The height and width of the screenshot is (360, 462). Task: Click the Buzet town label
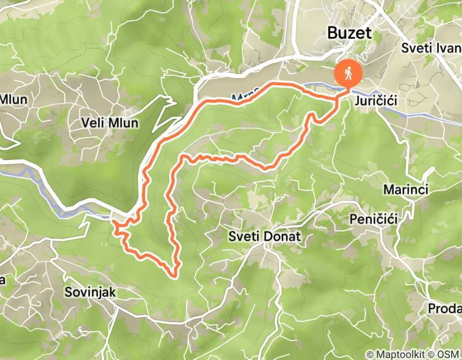click(x=350, y=34)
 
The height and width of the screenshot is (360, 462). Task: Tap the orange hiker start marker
click(x=348, y=74)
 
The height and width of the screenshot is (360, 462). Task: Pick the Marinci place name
click(x=406, y=189)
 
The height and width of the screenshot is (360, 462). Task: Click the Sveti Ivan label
click(x=431, y=49)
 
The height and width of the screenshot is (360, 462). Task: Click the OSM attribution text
click(x=449, y=354)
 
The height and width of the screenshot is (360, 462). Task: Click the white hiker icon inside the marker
click(x=348, y=73)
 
